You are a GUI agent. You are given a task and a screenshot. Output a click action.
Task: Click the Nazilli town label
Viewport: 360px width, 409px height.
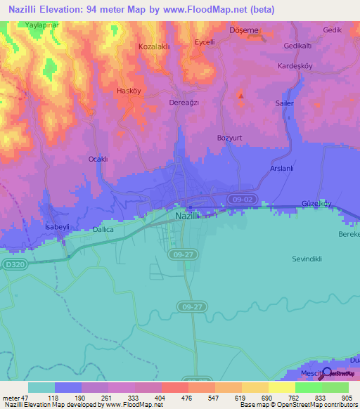pyautogui.click(x=188, y=217)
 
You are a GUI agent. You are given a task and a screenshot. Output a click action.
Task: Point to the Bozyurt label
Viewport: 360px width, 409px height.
pyautogui.click(x=229, y=138)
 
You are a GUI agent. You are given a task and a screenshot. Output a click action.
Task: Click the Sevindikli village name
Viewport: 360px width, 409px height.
pyautogui.click(x=307, y=259)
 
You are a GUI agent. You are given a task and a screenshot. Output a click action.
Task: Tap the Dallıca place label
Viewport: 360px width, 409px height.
pyautogui.click(x=103, y=229)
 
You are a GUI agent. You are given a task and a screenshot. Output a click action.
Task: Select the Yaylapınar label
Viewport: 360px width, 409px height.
pyautogui.click(x=41, y=25)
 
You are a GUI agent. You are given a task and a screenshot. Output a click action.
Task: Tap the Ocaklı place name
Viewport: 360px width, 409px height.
pyautogui.click(x=97, y=159)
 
